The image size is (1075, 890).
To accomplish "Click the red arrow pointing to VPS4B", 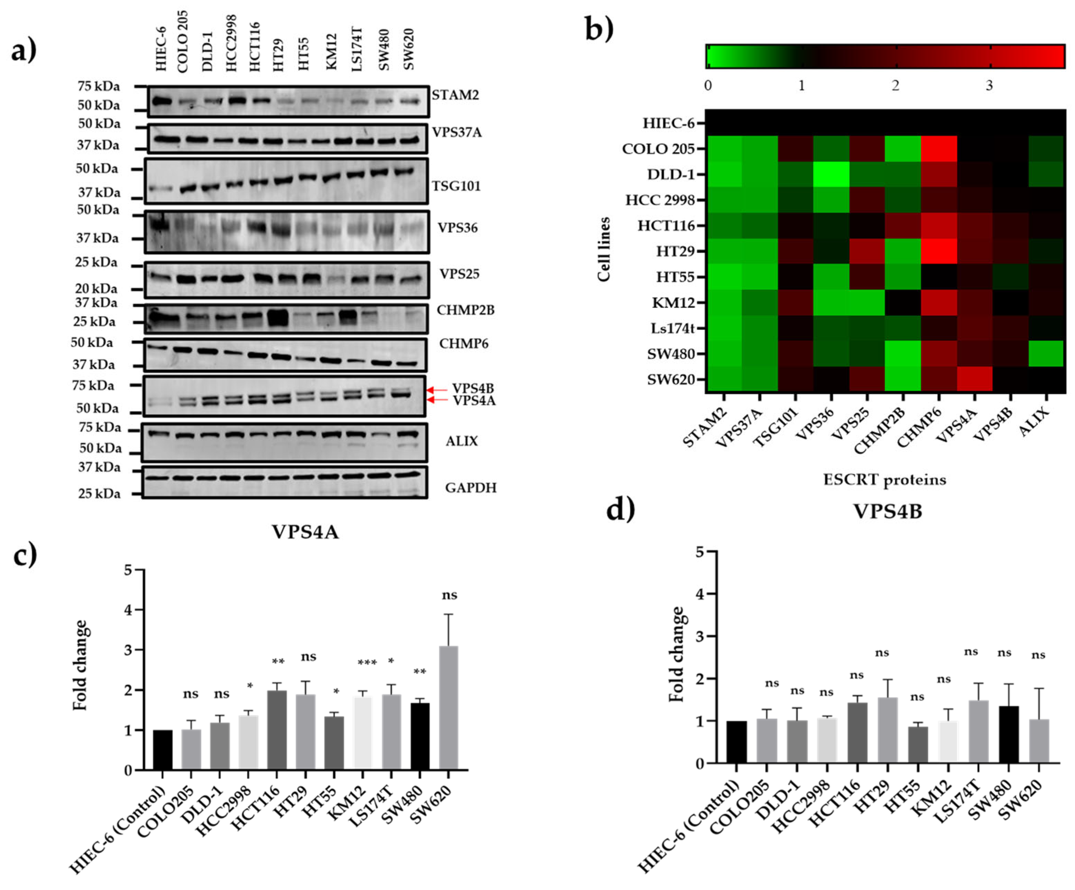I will tap(437, 390).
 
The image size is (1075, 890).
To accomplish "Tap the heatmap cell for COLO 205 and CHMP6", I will tap(939, 149).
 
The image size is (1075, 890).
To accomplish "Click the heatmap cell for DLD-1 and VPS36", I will tap(831, 174).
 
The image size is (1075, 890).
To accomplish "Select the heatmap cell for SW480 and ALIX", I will tap(1046, 353).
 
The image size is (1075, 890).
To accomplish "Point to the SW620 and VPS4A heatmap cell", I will tap(975, 379).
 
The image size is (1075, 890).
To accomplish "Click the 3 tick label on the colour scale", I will tap(989, 85).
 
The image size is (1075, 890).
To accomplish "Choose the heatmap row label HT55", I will tap(675, 277).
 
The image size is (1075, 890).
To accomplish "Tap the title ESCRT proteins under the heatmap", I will tap(884, 479).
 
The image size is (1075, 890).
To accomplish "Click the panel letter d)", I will tap(621, 509).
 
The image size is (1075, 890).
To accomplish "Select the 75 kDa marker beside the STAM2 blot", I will tap(99, 86).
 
